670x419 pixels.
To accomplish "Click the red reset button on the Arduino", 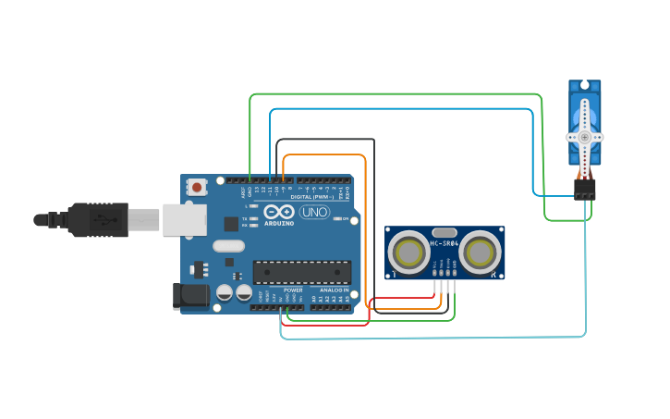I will [196, 187].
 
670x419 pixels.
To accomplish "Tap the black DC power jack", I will [189, 296].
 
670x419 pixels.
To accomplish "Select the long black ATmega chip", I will [302, 272].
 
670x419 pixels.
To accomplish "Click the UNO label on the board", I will [314, 212].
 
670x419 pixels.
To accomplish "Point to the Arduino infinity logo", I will [278, 212].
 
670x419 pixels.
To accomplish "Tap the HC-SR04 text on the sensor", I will [445, 243].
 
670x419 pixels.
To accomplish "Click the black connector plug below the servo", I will [584, 189].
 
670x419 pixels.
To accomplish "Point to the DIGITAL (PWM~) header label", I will [312, 197].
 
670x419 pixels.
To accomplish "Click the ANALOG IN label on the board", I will [331, 290].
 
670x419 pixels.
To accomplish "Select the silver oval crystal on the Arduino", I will [228, 246].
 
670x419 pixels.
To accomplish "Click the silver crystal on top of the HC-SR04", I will [445, 232].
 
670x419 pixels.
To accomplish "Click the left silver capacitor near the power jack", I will [224, 293].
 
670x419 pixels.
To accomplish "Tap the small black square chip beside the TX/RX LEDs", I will [230, 223].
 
